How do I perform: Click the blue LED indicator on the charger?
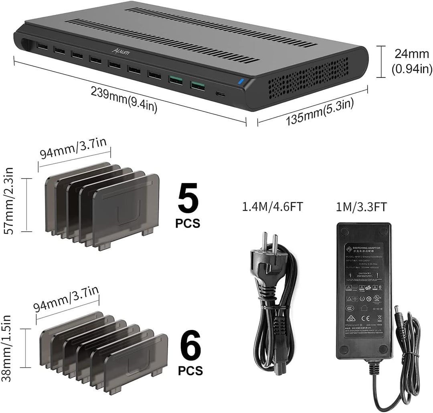pos(241,82)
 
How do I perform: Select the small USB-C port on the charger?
pos(221,94)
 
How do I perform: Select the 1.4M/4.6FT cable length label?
pos(272,207)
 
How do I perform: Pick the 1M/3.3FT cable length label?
pos(361,207)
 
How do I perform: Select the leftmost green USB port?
pos(175,79)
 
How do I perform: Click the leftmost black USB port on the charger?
pos(42,47)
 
